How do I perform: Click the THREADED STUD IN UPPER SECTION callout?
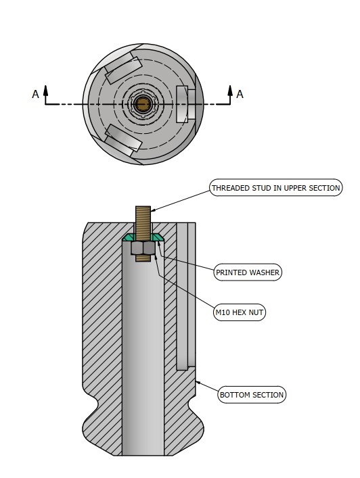pyautogui.click(x=276, y=187)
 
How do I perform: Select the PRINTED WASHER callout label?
pyautogui.click(x=248, y=272)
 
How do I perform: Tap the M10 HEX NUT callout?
pyautogui.click(x=240, y=312)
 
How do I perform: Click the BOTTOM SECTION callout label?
pyautogui.click(x=252, y=395)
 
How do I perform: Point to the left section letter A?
pyautogui.click(x=35, y=94)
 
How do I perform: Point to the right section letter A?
pyautogui.click(x=240, y=94)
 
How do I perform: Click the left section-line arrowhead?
pyautogui.click(x=46, y=90)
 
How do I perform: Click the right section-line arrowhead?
pyautogui.click(x=230, y=90)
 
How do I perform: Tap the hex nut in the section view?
pyautogui.click(x=143, y=248)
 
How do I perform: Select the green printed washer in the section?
pyautogui.click(x=143, y=237)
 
